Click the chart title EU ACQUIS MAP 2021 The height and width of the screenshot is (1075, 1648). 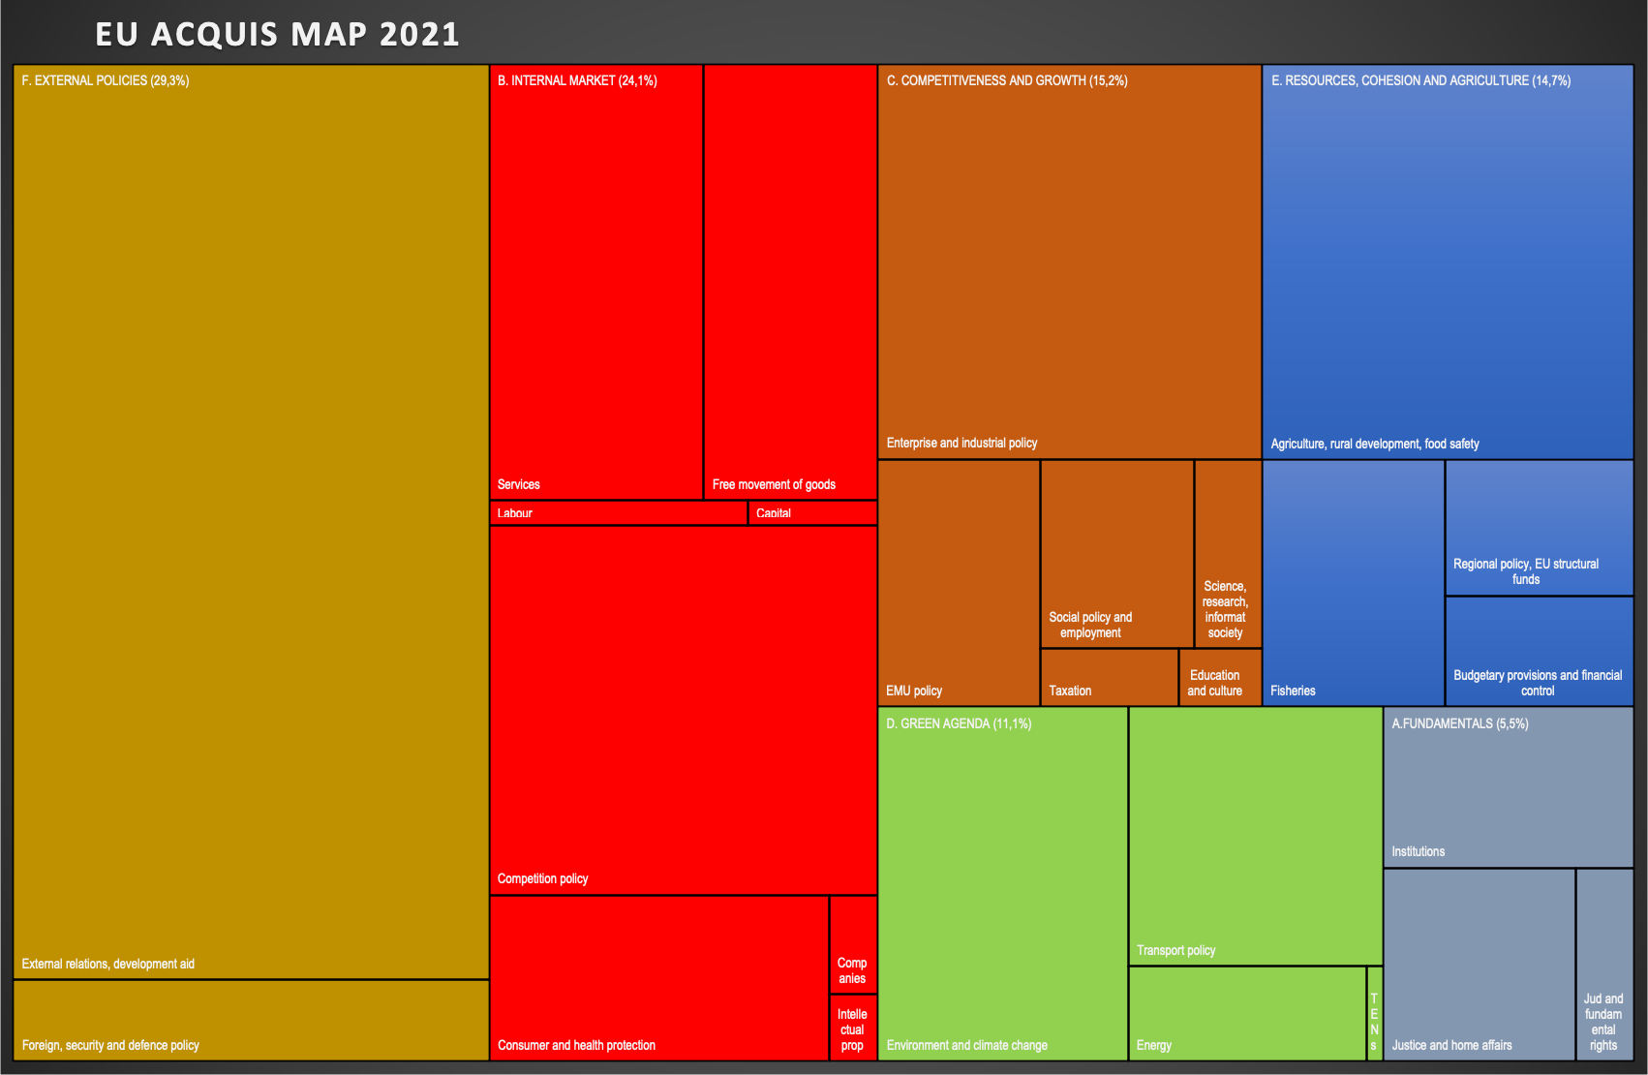pyautogui.click(x=277, y=34)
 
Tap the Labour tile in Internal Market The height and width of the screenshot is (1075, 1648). pyautogui.click(x=618, y=513)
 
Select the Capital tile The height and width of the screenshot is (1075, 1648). pyautogui.click(x=812, y=513)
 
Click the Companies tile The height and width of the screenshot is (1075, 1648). pyautogui.click(x=853, y=945)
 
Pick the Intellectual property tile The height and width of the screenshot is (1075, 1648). pyautogui.click(x=853, y=1028)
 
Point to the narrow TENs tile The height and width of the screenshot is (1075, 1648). pyautogui.click(x=1374, y=1014)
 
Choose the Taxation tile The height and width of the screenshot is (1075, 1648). pyautogui.click(x=1109, y=677)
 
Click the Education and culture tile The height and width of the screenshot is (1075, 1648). pyautogui.click(x=1219, y=677)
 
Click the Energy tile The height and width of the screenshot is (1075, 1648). pyautogui.click(x=1247, y=1013)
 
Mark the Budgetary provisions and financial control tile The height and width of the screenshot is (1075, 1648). pyautogui.click(x=1539, y=651)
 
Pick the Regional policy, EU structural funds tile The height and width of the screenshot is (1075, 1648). pyautogui.click(x=1539, y=528)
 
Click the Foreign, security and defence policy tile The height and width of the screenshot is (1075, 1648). pyautogui.click(x=251, y=1021)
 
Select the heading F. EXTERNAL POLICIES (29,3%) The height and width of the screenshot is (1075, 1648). pyautogui.click(x=106, y=81)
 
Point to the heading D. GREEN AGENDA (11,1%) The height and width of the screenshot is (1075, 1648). pyautogui.click(x=959, y=724)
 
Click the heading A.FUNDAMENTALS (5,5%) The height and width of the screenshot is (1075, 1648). pyautogui.click(x=1459, y=724)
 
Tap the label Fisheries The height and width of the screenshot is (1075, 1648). pyautogui.click(x=1293, y=691)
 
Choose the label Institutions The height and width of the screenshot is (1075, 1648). pyautogui.click(x=1418, y=851)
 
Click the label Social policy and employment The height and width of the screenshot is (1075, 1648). pyautogui.click(x=1090, y=625)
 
